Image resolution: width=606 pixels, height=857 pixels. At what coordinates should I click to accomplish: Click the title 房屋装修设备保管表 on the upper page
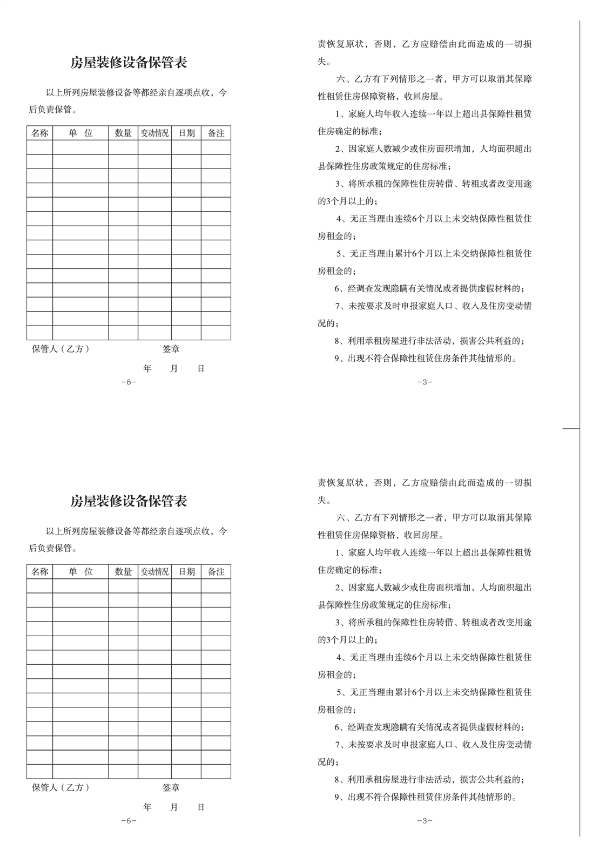(x=129, y=63)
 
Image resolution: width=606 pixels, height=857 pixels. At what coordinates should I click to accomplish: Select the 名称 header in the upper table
(x=39, y=133)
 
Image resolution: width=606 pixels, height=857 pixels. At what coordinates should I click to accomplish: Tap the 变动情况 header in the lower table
(x=154, y=571)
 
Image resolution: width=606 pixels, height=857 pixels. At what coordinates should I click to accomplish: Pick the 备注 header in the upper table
(x=216, y=133)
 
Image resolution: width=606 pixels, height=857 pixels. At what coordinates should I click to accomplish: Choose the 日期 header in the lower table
(x=186, y=571)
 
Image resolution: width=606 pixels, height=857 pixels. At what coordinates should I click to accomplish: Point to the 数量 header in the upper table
(x=123, y=133)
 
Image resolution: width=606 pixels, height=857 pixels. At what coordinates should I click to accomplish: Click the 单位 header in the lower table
(x=80, y=571)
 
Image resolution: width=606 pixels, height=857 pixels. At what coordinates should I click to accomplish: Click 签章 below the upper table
(x=171, y=349)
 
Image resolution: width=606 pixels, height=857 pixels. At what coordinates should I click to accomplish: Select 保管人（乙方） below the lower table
(x=60, y=787)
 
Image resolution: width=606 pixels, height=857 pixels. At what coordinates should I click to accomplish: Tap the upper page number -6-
(x=129, y=382)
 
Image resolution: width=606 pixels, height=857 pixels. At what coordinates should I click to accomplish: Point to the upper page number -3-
(x=425, y=382)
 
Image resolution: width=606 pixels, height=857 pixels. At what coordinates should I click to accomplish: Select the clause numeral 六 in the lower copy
(x=341, y=518)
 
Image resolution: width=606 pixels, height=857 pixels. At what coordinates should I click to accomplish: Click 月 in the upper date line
(x=174, y=369)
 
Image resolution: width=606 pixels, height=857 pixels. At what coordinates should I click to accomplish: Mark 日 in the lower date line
(x=201, y=807)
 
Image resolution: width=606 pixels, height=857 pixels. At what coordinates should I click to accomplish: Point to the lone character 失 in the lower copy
(x=322, y=500)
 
